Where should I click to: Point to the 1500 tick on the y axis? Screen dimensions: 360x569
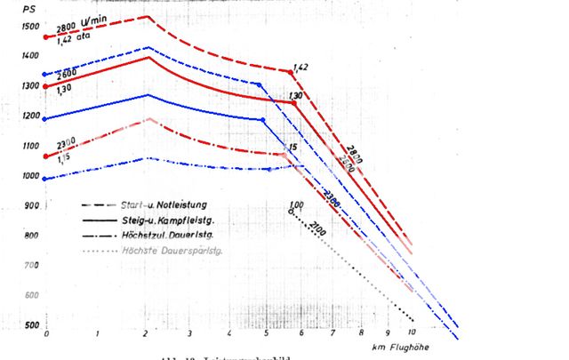click(x=31, y=28)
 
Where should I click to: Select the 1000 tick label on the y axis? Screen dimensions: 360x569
click(x=31, y=176)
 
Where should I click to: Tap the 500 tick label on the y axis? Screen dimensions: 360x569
click(x=33, y=325)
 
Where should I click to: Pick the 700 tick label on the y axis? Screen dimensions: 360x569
click(x=33, y=266)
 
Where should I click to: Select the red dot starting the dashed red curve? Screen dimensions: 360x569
click(x=45, y=37)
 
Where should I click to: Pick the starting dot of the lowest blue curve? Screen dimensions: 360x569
click(x=45, y=179)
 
